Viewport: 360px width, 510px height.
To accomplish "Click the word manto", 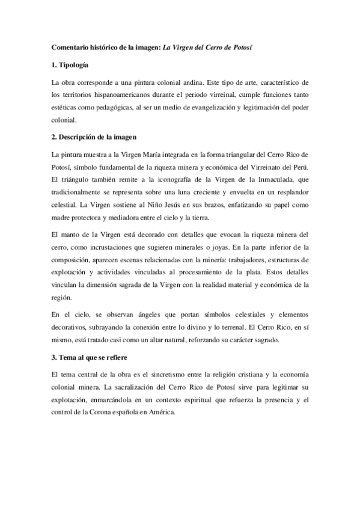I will click(x=70, y=233).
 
